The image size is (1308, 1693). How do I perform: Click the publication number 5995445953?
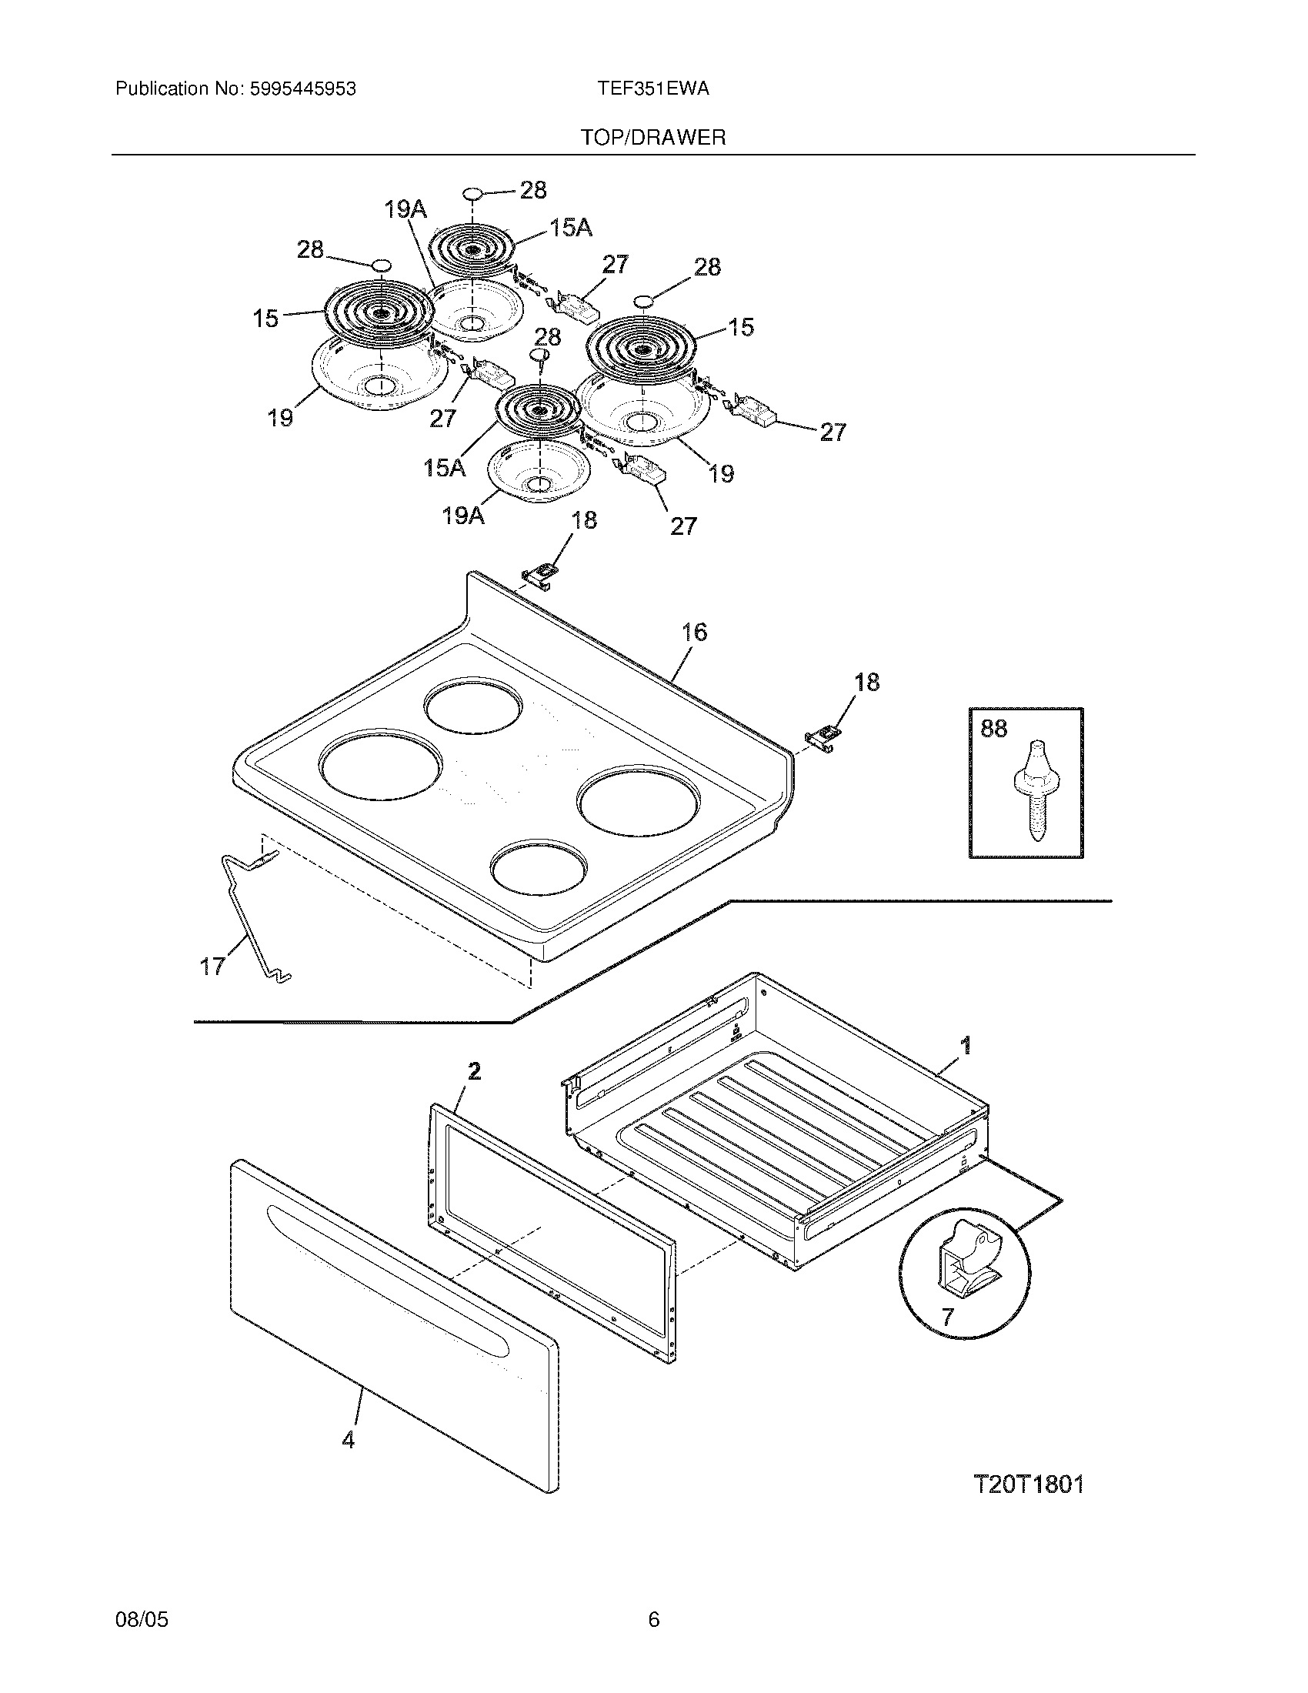(x=302, y=89)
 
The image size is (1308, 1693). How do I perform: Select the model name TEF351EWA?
(x=652, y=89)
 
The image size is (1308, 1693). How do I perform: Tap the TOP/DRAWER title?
(x=653, y=138)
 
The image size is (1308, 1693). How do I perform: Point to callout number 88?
(x=993, y=729)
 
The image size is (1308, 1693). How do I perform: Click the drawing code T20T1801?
(x=1028, y=1484)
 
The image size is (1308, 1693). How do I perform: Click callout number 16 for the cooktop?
(x=694, y=633)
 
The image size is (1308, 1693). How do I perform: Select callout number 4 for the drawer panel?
(x=348, y=1440)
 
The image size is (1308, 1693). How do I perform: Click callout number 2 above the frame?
(x=474, y=1071)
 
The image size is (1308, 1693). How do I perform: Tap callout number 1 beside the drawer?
(x=966, y=1047)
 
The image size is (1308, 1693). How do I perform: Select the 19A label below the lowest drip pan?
(x=462, y=515)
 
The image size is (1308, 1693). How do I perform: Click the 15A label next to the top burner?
(x=570, y=227)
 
